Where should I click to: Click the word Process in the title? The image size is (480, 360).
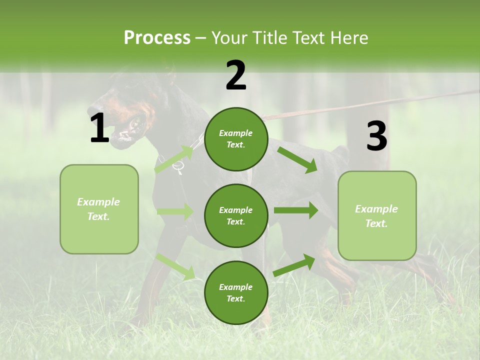click(157, 38)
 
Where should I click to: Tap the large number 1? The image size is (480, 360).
click(99, 128)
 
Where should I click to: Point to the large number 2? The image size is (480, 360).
click(236, 75)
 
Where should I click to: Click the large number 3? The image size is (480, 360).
click(376, 136)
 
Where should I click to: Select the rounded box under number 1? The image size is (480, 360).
click(99, 209)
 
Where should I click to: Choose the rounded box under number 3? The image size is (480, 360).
click(376, 215)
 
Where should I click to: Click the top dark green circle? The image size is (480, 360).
click(236, 139)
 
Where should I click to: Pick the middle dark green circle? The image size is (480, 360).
click(236, 215)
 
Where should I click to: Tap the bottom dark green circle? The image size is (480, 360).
click(236, 292)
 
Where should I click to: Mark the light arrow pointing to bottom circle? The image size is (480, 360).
click(175, 266)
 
